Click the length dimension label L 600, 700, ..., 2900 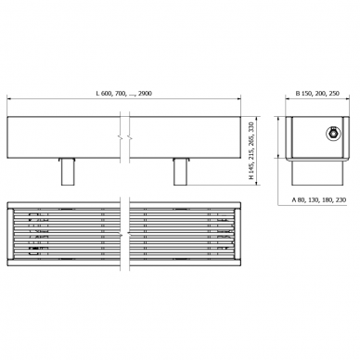tap(124, 93)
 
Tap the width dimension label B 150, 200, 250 tap(317, 93)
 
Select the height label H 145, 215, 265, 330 tap(251, 150)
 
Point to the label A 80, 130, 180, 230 tap(319, 199)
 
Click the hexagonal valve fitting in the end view tap(334, 134)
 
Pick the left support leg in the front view tap(68, 172)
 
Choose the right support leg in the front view tap(181, 172)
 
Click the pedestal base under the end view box tap(317, 173)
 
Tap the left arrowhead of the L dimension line tap(9, 99)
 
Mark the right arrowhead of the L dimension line tap(238, 99)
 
